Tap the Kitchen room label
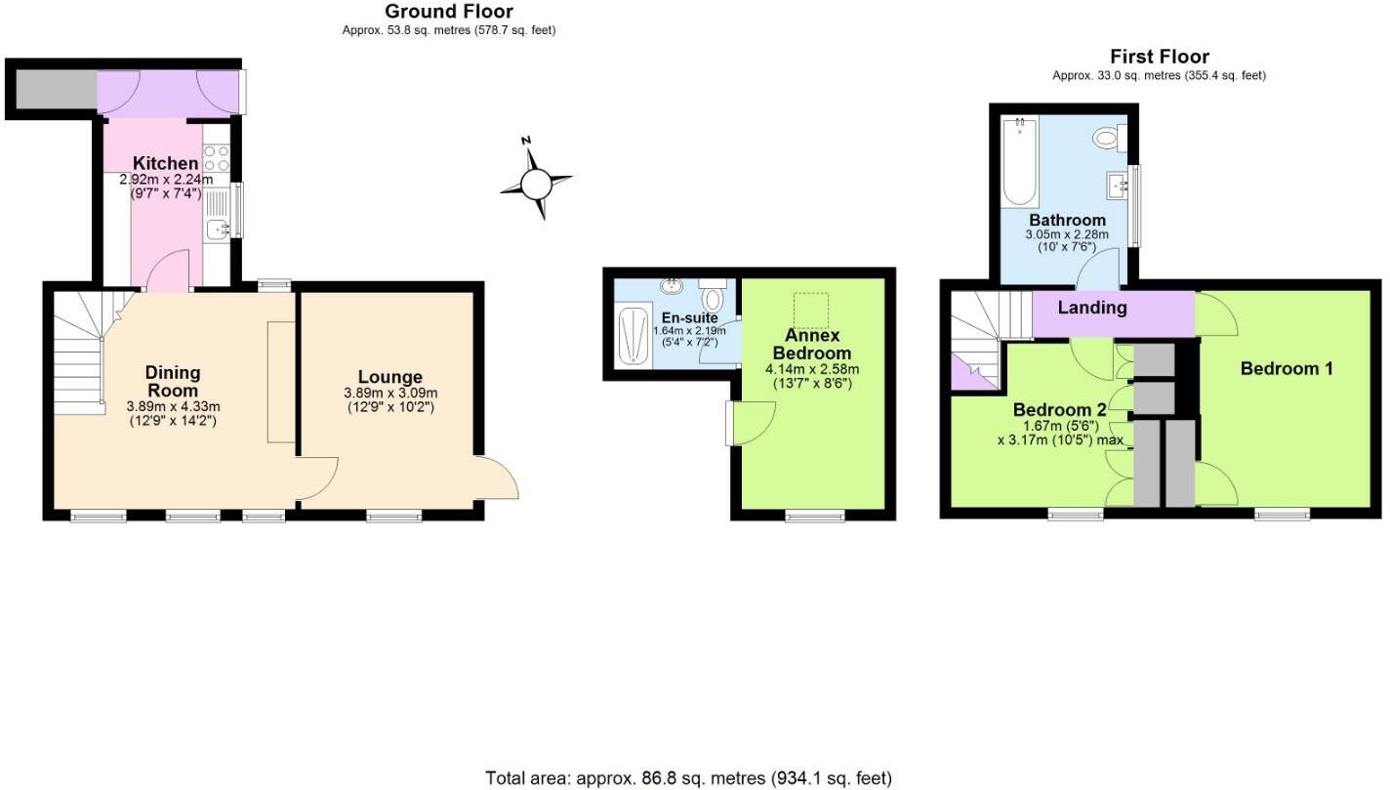click(166, 163)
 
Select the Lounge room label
click(389, 377)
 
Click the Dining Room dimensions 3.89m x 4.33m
click(173, 406)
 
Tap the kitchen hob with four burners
click(217, 158)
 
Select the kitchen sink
click(216, 229)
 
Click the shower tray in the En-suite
click(634, 335)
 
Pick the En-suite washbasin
click(672, 286)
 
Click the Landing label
click(1092, 308)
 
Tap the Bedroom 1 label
click(1287, 368)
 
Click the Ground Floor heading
click(449, 12)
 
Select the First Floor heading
click(1159, 57)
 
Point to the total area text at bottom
click(688, 778)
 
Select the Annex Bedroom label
click(812, 344)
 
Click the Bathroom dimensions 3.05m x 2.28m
click(1066, 235)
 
